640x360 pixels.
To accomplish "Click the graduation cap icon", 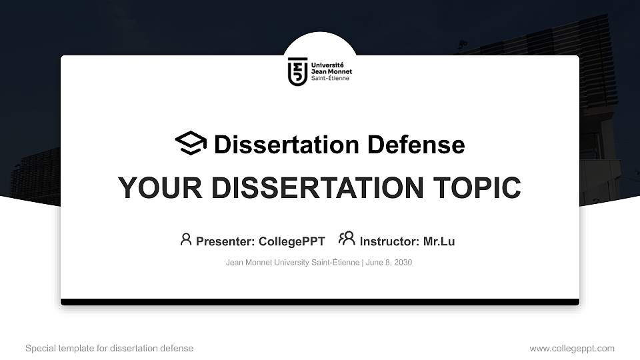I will (191, 143).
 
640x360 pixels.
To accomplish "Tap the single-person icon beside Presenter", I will (186, 239).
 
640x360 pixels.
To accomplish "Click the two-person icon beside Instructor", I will (347, 239).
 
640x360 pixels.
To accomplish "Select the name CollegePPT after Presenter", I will (292, 241).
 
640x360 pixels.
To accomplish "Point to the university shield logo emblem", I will (298, 71).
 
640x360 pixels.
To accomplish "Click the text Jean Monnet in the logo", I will (331, 71).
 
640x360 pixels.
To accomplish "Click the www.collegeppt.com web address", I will (572, 349).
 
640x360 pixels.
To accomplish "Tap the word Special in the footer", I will (40, 349).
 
